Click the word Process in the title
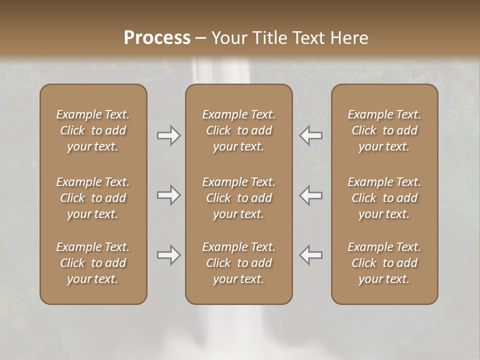pos(157,38)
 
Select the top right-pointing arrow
pos(168,135)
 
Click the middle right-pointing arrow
pos(168,195)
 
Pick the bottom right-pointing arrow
pos(168,255)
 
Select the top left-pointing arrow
pos(311,135)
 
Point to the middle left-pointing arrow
pos(311,195)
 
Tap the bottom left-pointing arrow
pos(311,255)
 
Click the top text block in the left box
pos(93,130)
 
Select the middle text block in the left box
pos(93,198)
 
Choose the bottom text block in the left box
pos(93,263)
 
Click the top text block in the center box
pos(239,130)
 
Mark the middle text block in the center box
pos(239,198)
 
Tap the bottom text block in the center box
pos(239,263)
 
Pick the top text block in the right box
pos(384,130)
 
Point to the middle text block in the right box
pos(384,198)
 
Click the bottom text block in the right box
pos(384,263)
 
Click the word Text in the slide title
pos(307,38)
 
